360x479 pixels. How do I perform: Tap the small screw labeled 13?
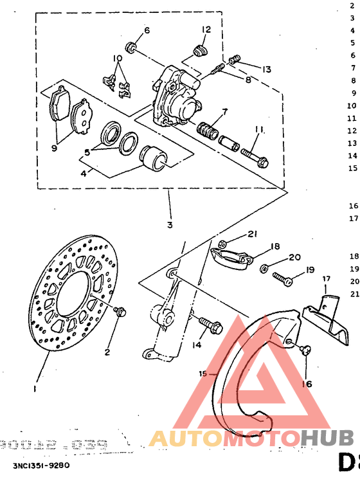click(x=235, y=60)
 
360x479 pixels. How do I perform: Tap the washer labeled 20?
click(x=264, y=267)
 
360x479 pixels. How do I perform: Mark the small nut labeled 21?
click(x=221, y=244)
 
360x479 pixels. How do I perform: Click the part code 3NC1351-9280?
click(x=40, y=464)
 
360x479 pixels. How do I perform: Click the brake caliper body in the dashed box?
click(x=175, y=96)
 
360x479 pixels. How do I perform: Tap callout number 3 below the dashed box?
click(x=170, y=207)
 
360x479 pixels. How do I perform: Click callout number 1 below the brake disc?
click(x=35, y=388)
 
